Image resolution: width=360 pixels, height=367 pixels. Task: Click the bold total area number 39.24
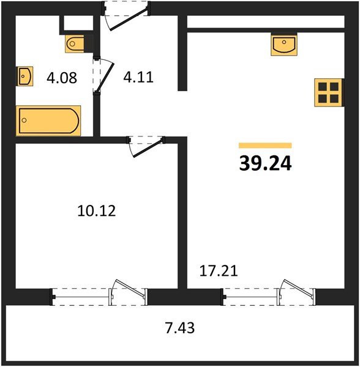click(x=265, y=163)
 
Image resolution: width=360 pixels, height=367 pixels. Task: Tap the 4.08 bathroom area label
click(x=62, y=78)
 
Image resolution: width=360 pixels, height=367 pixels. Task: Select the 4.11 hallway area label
click(x=138, y=77)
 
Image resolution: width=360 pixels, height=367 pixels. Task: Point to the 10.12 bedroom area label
click(x=96, y=210)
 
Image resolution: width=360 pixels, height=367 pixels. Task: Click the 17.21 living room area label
click(x=219, y=271)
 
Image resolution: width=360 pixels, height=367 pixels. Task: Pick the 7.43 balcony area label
click(x=180, y=328)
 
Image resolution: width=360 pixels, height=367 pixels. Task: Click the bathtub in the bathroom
click(x=48, y=120)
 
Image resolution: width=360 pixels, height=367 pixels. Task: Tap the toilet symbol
click(x=75, y=44)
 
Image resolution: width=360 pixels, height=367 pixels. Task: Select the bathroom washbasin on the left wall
click(x=24, y=76)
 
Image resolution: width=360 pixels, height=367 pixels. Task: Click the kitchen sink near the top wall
click(x=284, y=45)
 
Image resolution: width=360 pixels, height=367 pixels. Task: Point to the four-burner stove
click(x=328, y=93)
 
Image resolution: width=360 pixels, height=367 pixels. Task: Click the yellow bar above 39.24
click(x=265, y=146)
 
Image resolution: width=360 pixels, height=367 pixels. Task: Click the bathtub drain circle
click(x=24, y=120)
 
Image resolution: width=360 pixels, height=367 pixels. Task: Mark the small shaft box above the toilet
click(x=78, y=23)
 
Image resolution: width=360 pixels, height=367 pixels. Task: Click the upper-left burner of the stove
click(x=323, y=87)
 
